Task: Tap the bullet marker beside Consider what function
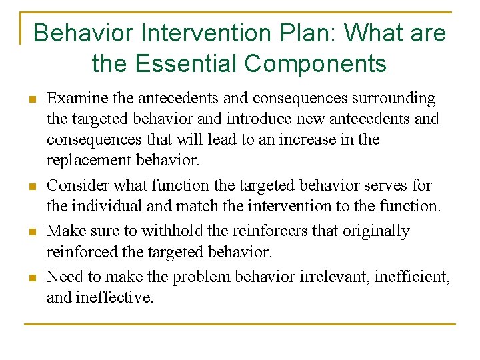click(x=31, y=187)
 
